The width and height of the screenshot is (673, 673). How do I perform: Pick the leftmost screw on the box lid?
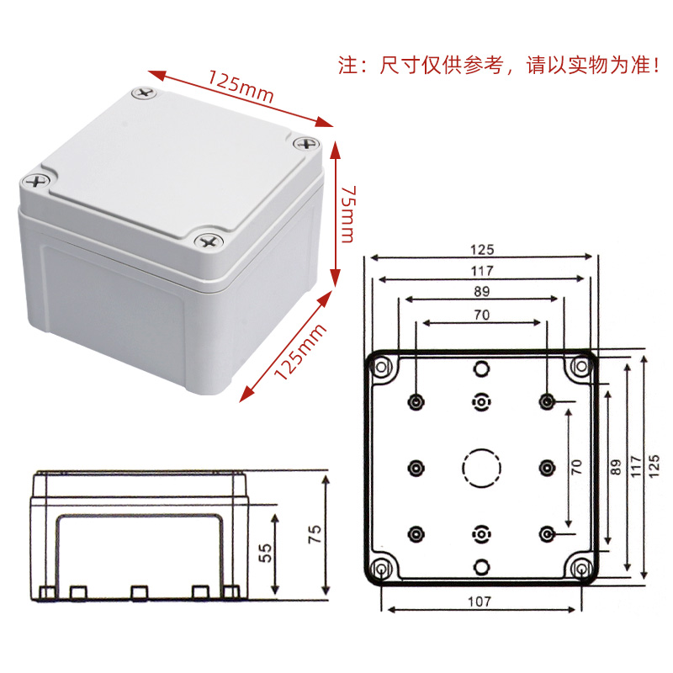click(x=35, y=180)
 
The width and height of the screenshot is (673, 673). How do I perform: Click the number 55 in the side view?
click(x=264, y=552)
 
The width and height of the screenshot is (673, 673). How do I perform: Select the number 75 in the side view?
click(x=313, y=536)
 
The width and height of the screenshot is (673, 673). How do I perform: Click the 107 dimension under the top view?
click(x=480, y=601)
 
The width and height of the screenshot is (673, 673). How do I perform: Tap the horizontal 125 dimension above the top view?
click(x=481, y=249)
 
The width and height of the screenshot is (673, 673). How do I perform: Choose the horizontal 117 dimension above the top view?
click(x=481, y=270)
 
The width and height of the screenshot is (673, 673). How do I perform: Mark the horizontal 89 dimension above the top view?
click(x=481, y=291)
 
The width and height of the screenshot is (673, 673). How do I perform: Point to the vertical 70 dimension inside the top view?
click(x=576, y=468)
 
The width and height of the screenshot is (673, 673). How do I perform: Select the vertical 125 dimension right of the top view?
click(x=654, y=465)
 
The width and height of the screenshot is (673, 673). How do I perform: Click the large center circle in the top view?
click(x=481, y=468)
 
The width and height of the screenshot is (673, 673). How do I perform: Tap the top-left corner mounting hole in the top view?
click(x=383, y=368)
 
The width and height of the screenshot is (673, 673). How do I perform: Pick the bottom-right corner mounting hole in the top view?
click(x=582, y=569)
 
